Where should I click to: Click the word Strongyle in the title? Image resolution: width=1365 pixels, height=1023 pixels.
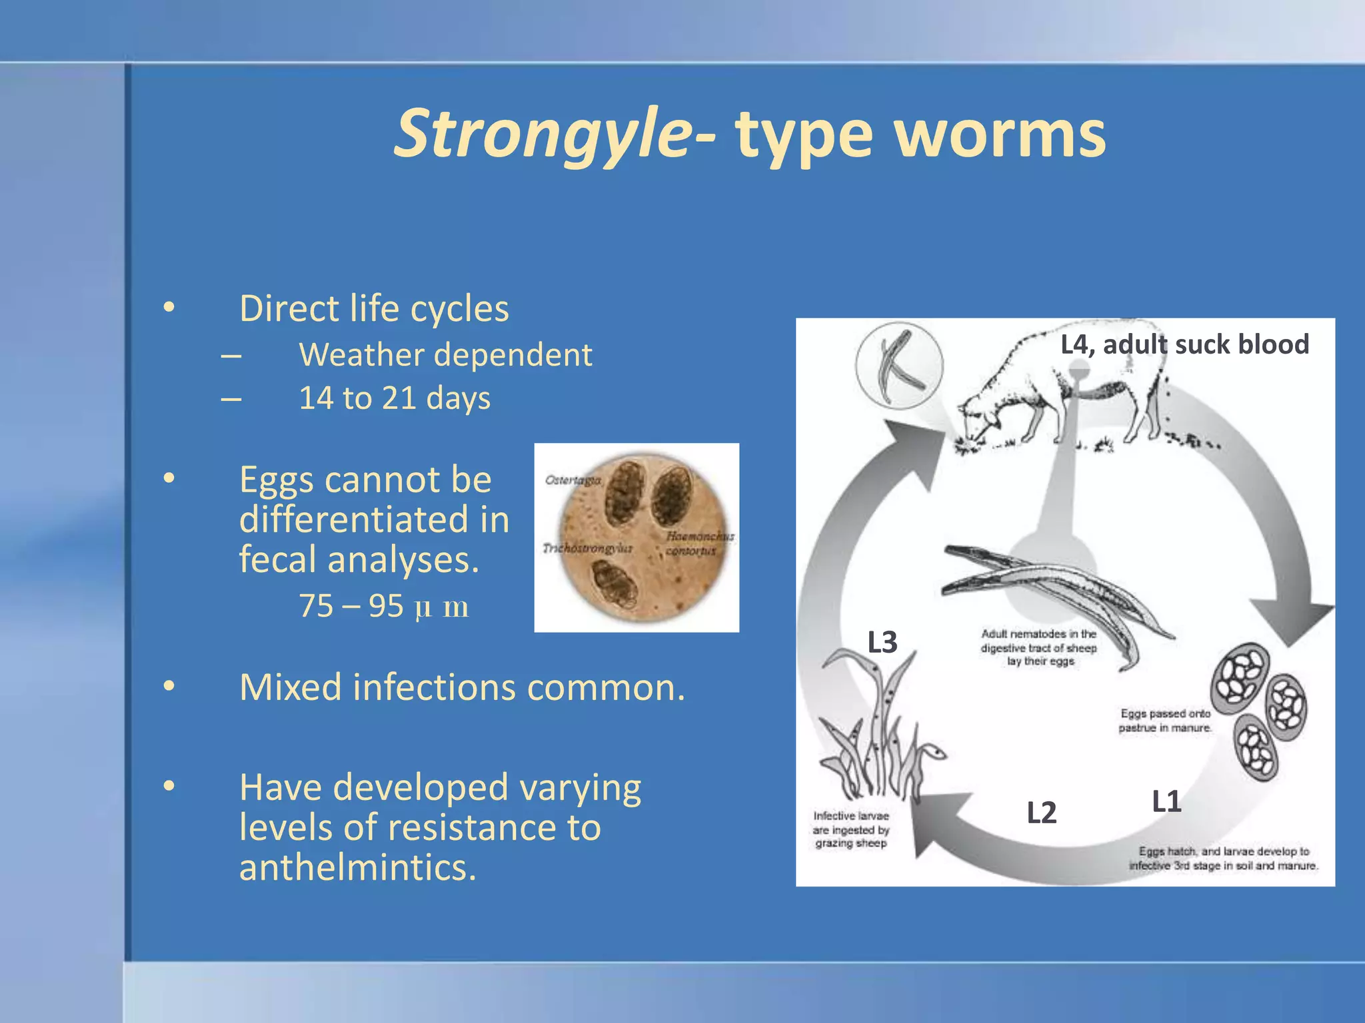click(543, 135)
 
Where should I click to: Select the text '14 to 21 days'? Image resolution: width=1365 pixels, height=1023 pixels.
click(394, 398)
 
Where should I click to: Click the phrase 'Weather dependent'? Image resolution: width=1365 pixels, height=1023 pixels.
click(445, 355)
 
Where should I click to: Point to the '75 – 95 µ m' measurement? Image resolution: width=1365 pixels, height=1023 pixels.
click(383, 607)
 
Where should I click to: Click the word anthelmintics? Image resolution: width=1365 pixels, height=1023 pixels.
click(357, 868)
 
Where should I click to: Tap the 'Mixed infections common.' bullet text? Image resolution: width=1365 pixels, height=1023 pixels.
click(462, 687)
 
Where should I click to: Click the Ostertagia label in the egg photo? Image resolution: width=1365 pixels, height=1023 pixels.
click(573, 480)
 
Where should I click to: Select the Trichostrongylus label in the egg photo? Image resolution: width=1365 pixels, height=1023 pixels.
click(587, 548)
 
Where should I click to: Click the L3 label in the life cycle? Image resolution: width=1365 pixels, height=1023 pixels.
click(882, 643)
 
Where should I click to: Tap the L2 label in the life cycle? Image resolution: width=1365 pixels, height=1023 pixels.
click(1041, 813)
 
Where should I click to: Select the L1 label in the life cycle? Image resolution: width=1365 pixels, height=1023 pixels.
click(1166, 801)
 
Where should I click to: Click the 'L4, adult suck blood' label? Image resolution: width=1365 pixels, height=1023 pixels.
click(1184, 345)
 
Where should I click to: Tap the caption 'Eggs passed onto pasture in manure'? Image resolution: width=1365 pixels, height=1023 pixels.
click(1164, 721)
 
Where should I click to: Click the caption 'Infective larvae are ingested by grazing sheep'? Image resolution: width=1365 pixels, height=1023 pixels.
click(850, 830)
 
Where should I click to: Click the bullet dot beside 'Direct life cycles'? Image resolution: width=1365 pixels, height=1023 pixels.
click(169, 308)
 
